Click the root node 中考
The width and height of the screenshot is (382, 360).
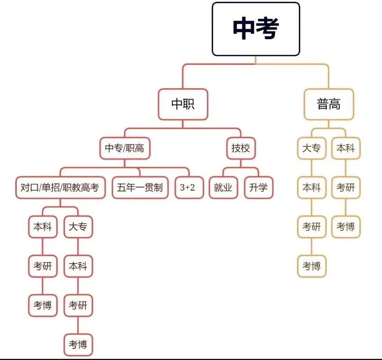tap(256, 29)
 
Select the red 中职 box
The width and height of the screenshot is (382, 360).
tap(183, 104)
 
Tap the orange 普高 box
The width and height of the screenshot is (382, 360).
tap(328, 104)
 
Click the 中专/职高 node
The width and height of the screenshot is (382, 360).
tap(125, 148)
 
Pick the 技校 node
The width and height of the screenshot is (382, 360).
tap(241, 148)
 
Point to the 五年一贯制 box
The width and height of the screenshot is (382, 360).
tap(140, 187)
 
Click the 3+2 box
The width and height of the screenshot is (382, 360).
tap(188, 187)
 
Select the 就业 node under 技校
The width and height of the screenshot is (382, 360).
tap(223, 187)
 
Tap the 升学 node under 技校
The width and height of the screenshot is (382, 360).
tap(259, 187)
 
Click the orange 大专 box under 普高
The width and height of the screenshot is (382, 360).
tap(311, 148)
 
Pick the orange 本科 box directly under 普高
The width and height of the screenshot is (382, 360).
tap(346, 148)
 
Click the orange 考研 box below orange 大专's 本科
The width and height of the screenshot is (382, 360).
tap(311, 227)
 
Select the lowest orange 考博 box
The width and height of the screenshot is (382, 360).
tap(311, 266)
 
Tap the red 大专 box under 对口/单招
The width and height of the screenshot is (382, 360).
tap(78, 227)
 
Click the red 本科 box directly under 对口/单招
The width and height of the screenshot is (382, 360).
tap(42, 227)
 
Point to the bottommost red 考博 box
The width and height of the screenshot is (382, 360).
tap(78, 345)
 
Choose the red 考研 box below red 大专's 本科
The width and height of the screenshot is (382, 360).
tap(78, 306)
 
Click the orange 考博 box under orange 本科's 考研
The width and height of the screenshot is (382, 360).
tap(346, 227)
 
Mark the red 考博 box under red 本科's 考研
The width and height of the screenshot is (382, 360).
tap(42, 306)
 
